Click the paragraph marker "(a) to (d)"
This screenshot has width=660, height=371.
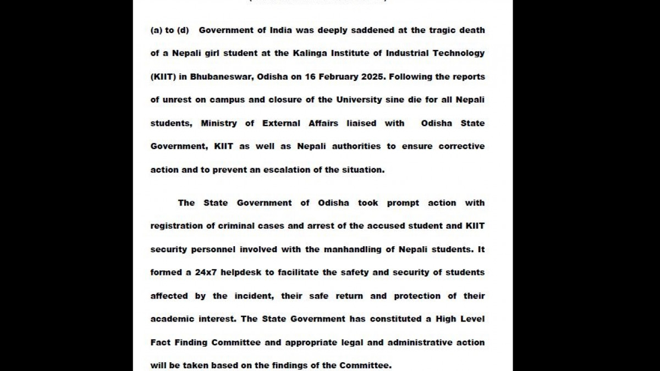[x=169, y=30]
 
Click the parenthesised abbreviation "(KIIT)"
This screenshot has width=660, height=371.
[x=163, y=77]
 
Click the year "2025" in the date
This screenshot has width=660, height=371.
[x=373, y=77]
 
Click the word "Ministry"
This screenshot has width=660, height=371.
[x=219, y=123]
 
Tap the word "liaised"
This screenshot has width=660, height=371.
[x=361, y=123]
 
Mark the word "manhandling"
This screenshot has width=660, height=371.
[x=352, y=250]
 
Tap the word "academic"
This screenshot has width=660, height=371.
[x=173, y=319]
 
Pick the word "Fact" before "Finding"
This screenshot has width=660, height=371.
[x=160, y=342]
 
